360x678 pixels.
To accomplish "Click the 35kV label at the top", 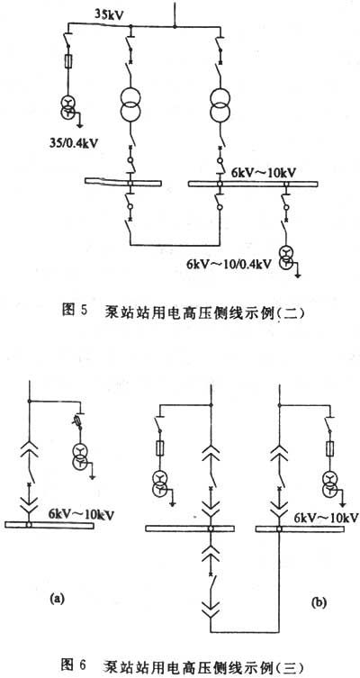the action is point(110,14).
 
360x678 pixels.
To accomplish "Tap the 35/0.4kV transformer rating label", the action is point(72,141).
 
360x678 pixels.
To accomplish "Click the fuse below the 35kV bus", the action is point(67,61).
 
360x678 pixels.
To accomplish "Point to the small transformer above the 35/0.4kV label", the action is point(68,106).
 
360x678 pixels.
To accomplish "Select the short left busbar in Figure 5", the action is point(123,183).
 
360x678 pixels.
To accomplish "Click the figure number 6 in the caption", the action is point(84,664).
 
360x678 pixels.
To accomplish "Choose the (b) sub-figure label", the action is point(319,601).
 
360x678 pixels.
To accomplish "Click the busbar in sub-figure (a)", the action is point(49,525).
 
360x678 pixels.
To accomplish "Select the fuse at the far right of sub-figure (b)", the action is point(330,448).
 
